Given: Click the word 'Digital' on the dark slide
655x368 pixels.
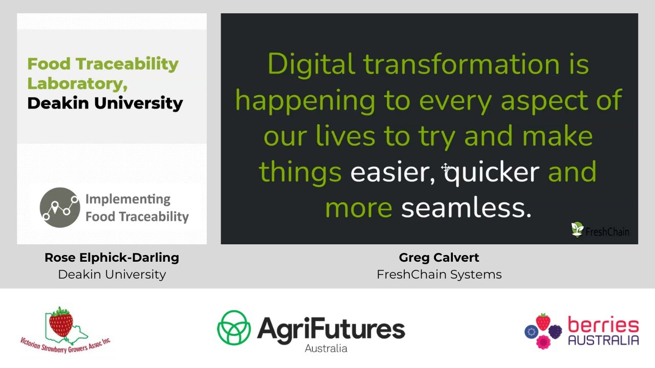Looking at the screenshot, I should pyautogui.click(x=311, y=65).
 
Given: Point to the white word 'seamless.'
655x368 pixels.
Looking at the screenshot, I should pyautogui.click(x=466, y=208).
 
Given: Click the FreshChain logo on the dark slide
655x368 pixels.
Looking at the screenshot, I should pyautogui.click(x=600, y=231).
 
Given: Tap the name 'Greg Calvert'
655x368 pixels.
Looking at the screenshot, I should pyautogui.click(x=439, y=258).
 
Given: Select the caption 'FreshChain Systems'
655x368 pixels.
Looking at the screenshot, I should pyautogui.click(x=439, y=274).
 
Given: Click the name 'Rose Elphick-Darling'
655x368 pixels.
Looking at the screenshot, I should pyautogui.click(x=112, y=258).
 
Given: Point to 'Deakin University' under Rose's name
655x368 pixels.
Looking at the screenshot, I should pyautogui.click(x=112, y=274).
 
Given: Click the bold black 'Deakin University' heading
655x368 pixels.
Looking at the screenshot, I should pyautogui.click(x=105, y=103).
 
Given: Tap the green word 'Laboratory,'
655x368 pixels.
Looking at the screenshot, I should pyautogui.click(x=77, y=83).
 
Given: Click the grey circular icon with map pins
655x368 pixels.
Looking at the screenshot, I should pyautogui.click(x=60, y=207).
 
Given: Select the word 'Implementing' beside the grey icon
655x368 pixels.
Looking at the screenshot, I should pyautogui.click(x=127, y=199).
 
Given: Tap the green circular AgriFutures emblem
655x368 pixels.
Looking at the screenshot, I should pyautogui.click(x=234, y=327).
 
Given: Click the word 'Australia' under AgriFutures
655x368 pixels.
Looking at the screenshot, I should pyautogui.click(x=326, y=349).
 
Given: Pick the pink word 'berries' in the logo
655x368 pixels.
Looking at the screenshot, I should pyautogui.click(x=603, y=325).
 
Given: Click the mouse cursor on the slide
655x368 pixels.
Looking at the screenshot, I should pyautogui.click(x=445, y=168).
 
